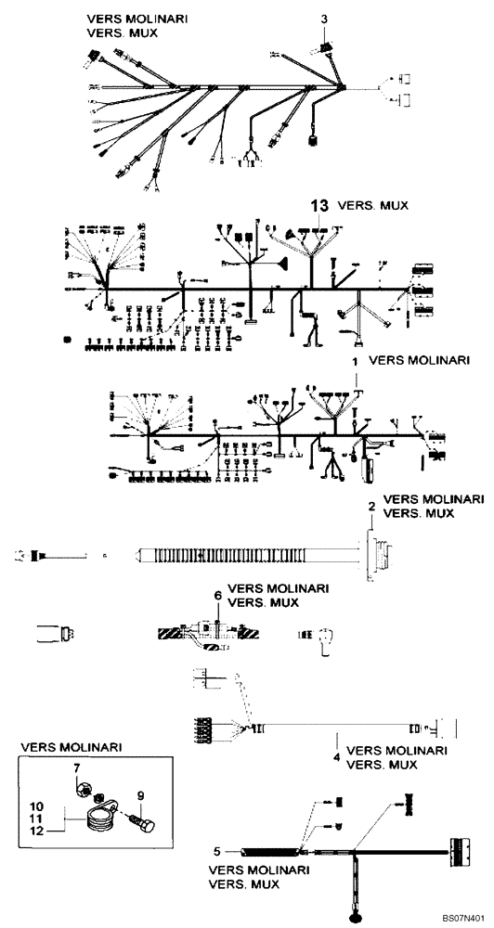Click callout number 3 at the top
tap(324, 19)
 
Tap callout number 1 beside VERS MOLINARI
tap(354, 358)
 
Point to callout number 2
tap(371, 506)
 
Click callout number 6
tap(217, 595)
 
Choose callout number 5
tap(217, 849)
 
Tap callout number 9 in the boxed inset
tap(141, 794)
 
